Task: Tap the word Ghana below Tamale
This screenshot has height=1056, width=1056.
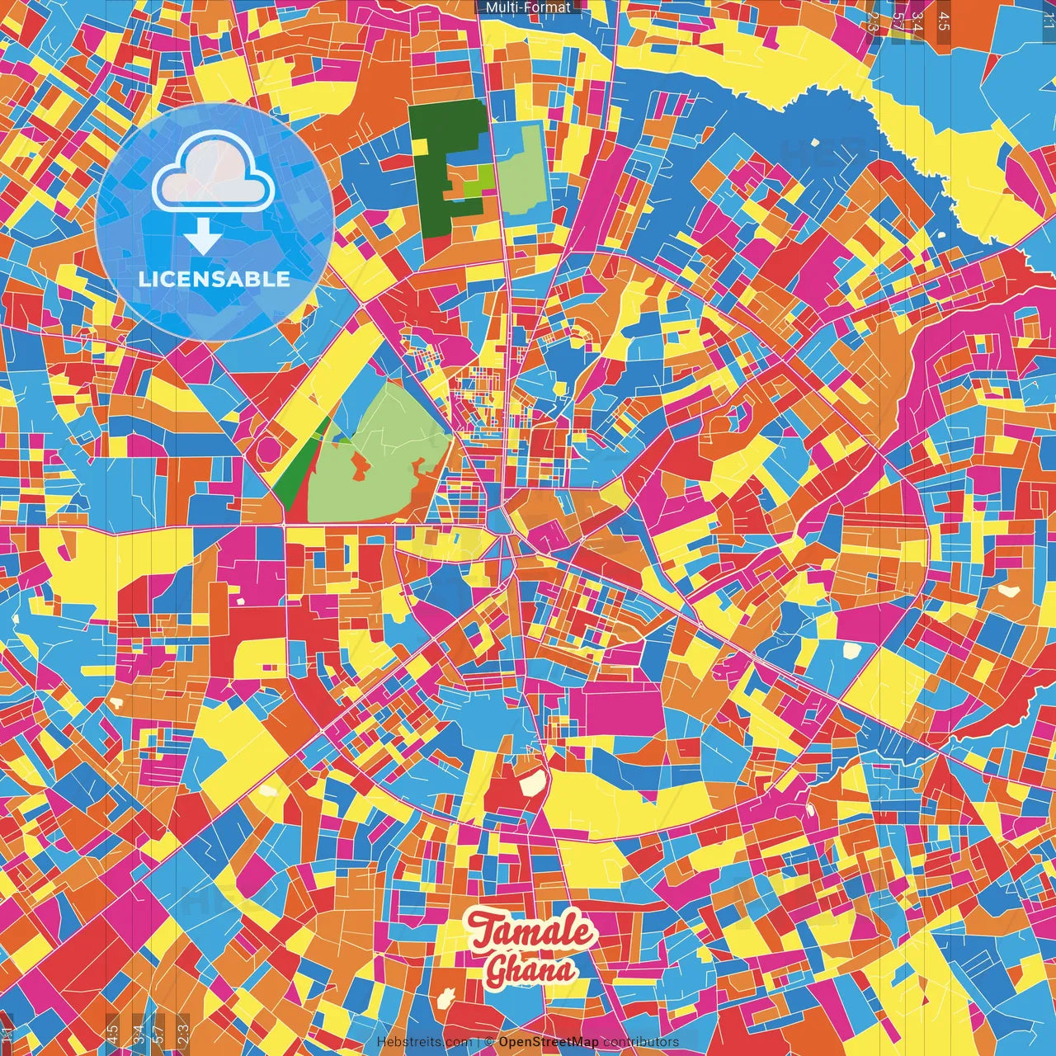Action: pos(530,970)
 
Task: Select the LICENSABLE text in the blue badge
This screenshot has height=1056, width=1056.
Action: pos(214,279)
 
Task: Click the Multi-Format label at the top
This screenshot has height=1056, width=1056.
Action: pos(528,7)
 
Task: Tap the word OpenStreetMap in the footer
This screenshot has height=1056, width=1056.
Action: pos(549,1042)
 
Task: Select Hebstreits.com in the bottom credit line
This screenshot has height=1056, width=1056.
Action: pos(424,1042)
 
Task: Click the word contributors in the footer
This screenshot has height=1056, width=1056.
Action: pos(641,1042)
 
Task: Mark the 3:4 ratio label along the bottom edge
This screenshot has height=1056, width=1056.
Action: pos(139,1032)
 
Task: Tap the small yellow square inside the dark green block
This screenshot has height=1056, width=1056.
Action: pos(422,146)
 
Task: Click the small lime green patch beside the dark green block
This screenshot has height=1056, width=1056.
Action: pos(474,186)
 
